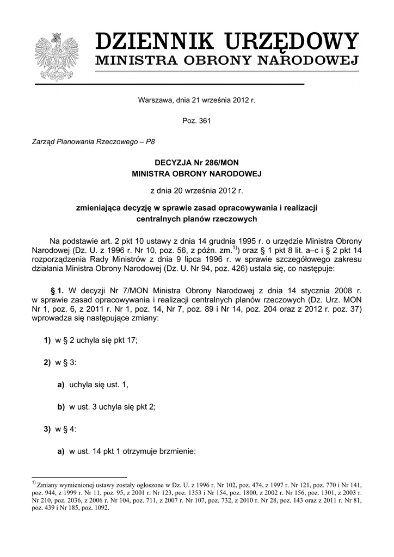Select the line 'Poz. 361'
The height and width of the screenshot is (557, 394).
tap(196, 121)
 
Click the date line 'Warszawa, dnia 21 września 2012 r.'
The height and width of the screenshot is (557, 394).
tap(196, 100)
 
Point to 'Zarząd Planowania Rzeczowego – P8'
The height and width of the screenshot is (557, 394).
tap(94, 141)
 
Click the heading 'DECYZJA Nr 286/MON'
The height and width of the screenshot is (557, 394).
tap(196, 163)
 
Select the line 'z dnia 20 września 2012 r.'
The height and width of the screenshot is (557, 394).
tap(196, 191)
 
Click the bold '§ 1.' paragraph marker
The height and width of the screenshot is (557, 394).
tap(58, 290)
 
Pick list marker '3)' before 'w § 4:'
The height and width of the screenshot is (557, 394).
tap(47, 429)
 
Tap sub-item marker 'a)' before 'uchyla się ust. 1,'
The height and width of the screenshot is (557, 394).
tap(61, 385)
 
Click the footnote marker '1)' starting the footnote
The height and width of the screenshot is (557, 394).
tap(33, 482)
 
